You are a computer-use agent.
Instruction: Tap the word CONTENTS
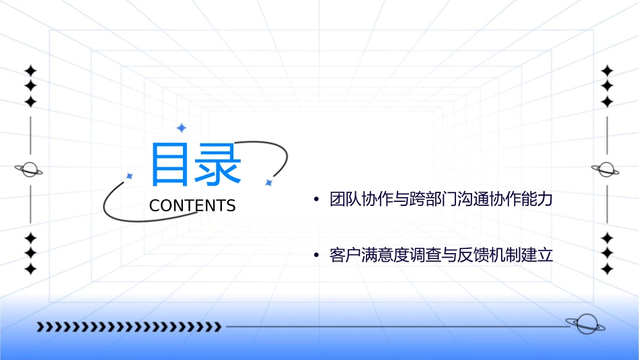(192, 206)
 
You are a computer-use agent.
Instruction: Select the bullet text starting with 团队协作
(441, 200)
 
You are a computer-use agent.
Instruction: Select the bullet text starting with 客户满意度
(441, 256)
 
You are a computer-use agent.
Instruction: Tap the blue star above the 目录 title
(181, 128)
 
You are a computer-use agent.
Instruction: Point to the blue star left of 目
(130, 176)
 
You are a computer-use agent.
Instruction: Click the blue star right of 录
(268, 182)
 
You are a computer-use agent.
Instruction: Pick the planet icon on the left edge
(30, 170)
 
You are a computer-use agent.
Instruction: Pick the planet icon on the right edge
(606, 170)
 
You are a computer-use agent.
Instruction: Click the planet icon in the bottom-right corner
(585, 324)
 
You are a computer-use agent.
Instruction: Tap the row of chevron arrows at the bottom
(128, 327)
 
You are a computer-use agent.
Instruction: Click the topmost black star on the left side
(30, 70)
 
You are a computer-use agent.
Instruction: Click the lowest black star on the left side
(30, 269)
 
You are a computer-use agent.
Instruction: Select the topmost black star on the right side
(607, 70)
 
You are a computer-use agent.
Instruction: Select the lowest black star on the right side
(607, 269)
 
